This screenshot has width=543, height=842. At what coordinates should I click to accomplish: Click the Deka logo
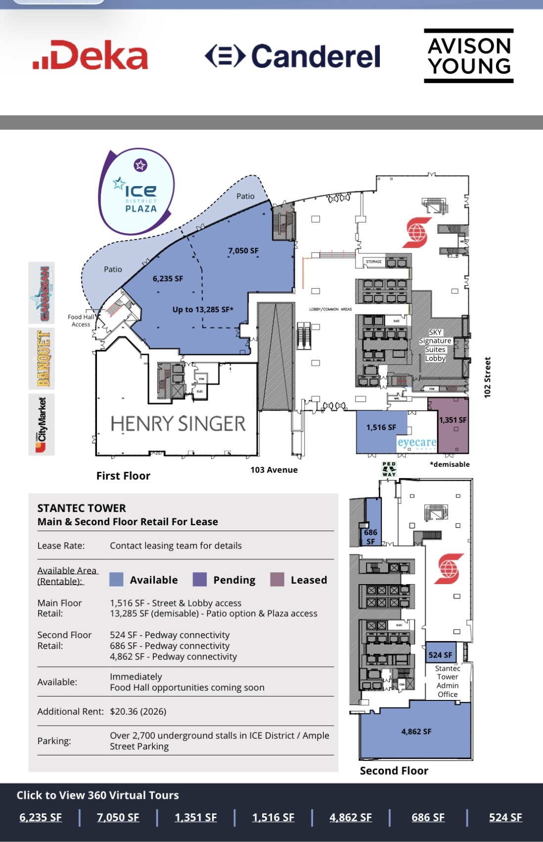[x=90, y=55]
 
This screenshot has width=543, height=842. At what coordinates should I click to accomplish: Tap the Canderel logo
[x=293, y=56]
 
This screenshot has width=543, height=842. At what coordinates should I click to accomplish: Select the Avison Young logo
[x=468, y=55]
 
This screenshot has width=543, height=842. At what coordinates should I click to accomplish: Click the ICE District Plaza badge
[x=137, y=192]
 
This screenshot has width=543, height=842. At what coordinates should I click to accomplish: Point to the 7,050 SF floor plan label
[x=243, y=250]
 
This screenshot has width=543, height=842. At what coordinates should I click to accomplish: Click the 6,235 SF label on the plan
[x=168, y=279]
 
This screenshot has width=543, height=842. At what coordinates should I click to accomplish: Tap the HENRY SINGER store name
[x=178, y=424]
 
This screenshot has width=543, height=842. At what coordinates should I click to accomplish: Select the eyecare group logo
[x=417, y=443]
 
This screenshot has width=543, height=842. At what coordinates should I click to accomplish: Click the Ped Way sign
[x=389, y=469]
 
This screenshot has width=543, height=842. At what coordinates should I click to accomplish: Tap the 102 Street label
[x=488, y=377]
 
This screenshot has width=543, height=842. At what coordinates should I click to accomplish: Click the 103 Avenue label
[x=274, y=470]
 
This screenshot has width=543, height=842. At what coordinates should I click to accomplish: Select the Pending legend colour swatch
[x=199, y=580]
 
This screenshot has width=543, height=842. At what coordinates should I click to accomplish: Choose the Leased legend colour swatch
[x=277, y=580]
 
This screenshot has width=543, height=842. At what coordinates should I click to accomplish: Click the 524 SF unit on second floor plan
[x=440, y=655]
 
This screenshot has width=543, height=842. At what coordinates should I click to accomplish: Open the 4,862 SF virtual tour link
[x=351, y=817]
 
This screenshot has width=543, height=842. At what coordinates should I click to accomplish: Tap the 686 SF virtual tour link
[x=428, y=817]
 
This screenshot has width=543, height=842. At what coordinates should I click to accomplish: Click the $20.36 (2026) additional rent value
[x=138, y=711]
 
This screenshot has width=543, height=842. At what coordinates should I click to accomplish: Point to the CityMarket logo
[x=42, y=425]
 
